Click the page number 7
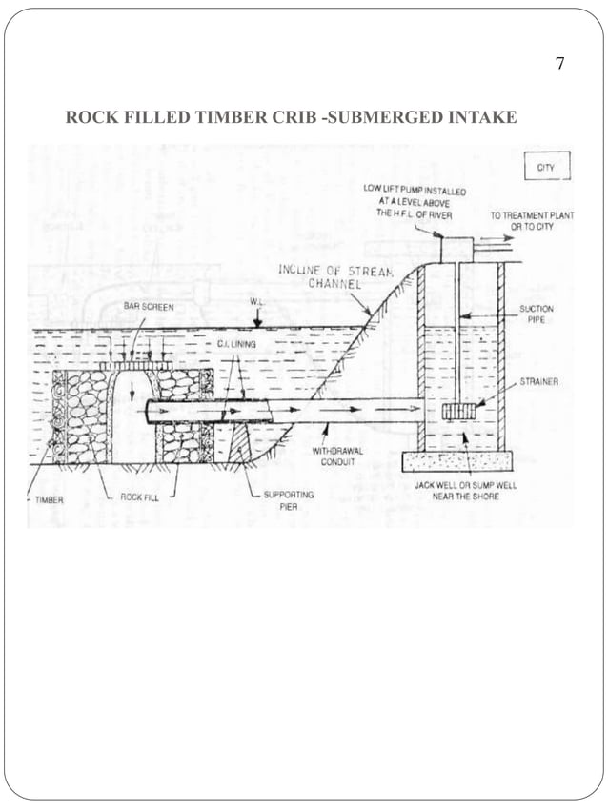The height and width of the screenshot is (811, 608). (559, 65)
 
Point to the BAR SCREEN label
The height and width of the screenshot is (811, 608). (149, 308)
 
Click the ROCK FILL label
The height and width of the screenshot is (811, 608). (139, 497)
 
